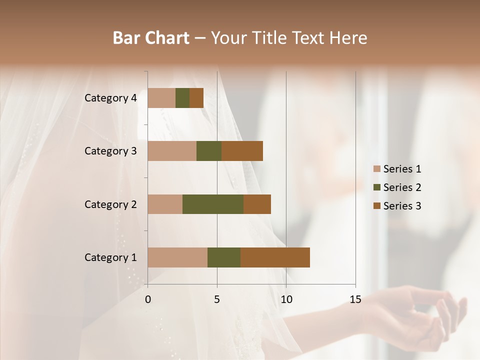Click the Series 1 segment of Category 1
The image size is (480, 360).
[177, 257]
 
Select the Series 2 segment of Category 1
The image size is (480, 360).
[224, 257]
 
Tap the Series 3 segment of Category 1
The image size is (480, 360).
[275, 257]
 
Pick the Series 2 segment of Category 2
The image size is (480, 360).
[213, 204]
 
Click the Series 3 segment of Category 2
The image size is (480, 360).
[257, 204]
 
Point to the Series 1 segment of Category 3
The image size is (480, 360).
[172, 151]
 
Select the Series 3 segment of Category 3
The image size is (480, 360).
[242, 151]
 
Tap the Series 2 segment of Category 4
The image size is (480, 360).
[182, 98]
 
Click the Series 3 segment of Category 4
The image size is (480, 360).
[196, 98]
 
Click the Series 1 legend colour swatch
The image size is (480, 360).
[377, 169]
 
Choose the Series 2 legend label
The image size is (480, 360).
[402, 187]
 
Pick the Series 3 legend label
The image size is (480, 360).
[402, 206]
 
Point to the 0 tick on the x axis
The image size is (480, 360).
[147, 299]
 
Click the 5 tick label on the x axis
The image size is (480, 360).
[217, 299]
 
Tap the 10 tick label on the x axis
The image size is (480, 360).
[286, 299]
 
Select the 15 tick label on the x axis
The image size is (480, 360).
[355, 299]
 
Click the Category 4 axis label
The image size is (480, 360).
[110, 98]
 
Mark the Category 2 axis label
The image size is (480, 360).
[110, 204]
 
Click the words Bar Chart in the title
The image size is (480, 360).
[151, 38]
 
